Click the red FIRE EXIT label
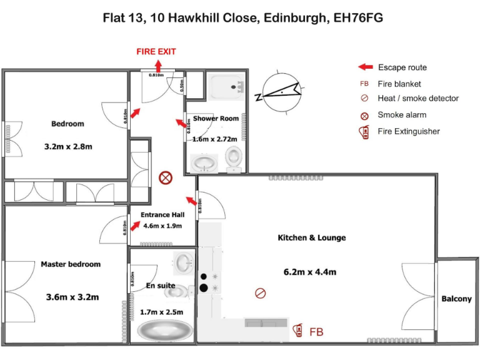pyautogui.click(x=156, y=52)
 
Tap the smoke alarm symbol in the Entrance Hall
pyautogui.click(x=166, y=178)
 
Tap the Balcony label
pyautogui.click(x=456, y=299)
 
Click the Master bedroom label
pyautogui.click(x=71, y=264)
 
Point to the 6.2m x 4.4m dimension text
pyautogui.click(x=311, y=272)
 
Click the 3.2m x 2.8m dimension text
pyautogui.click(x=68, y=147)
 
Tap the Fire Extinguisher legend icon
pyautogui.click(x=364, y=132)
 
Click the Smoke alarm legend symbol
pyautogui.click(x=364, y=115)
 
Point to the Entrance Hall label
pyautogui.click(x=162, y=214)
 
